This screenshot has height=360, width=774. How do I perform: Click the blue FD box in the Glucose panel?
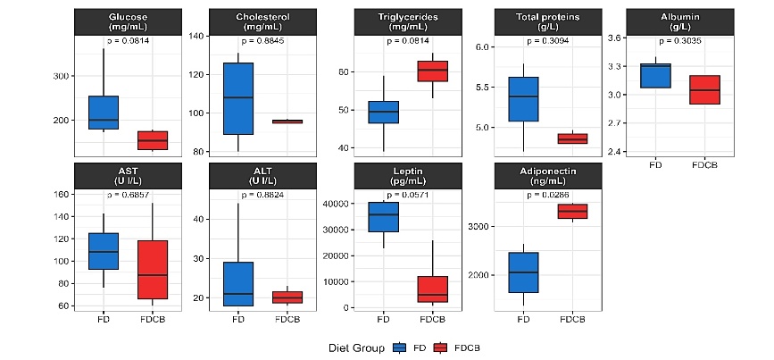(104, 113)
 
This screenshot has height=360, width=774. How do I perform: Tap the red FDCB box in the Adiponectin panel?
(572, 211)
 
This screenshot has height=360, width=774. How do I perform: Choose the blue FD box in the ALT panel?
(237, 284)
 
